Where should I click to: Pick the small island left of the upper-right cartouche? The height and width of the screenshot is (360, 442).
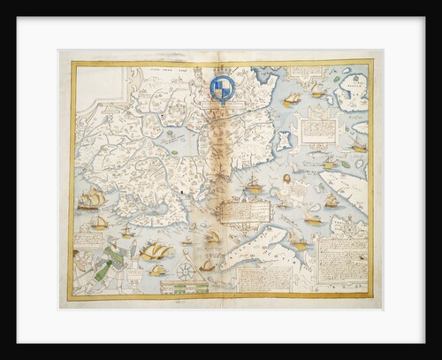284,141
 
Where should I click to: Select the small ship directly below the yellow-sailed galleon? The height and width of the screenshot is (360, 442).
157,270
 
